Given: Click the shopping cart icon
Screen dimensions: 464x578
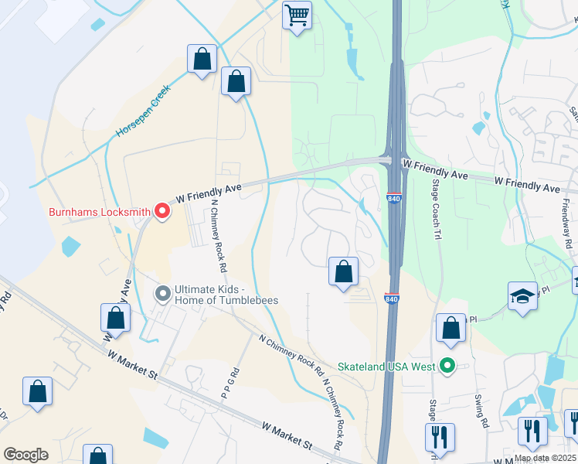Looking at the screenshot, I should (x=297, y=15).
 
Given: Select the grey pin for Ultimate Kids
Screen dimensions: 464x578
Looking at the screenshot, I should (x=162, y=294).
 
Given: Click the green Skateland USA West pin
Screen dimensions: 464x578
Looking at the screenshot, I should (x=447, y=366).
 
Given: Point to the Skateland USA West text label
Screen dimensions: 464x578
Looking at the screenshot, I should (x=386, y=366).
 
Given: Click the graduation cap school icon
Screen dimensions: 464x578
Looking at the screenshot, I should (x=522, y=296).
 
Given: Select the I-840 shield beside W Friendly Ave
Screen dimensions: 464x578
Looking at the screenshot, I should (x=394, y=199).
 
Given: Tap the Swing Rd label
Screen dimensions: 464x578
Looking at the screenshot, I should (x=481, y=411).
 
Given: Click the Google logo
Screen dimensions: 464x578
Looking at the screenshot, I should (x=25, y=455).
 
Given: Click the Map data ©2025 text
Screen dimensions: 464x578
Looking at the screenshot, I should (x=545, y=458).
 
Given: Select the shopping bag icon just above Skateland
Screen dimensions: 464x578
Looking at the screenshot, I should (x=450, y=328).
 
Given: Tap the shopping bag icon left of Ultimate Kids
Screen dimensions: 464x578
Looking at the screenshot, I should (x=115, y=318).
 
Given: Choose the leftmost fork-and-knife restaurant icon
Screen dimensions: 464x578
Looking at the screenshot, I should (x=440, y=436).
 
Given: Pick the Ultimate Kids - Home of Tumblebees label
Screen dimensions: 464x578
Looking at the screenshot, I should (x=226, y=295).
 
